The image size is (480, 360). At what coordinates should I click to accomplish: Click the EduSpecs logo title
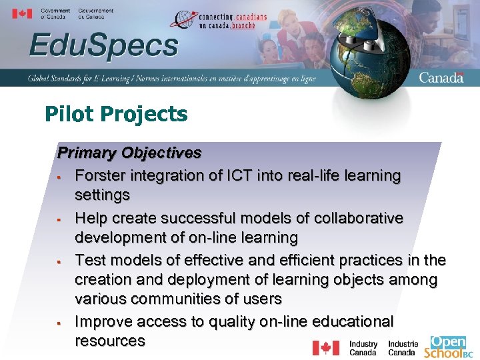103,47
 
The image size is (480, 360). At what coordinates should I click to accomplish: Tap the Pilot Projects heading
116,114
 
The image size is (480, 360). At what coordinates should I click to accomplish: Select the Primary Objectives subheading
129,153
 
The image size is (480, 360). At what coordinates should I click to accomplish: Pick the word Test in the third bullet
89,260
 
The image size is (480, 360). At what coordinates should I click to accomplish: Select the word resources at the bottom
110,341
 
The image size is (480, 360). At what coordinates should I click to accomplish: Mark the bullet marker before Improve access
60,323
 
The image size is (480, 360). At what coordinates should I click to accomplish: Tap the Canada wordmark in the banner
441,77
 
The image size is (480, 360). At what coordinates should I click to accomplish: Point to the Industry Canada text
363,348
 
